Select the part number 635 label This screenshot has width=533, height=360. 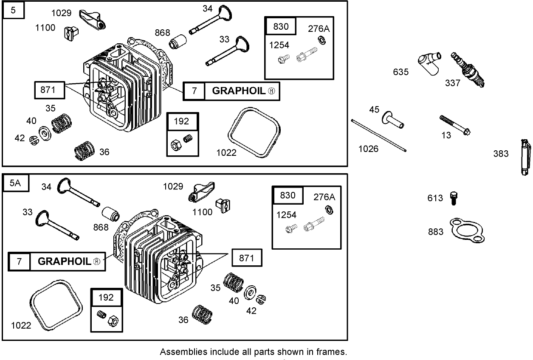400,72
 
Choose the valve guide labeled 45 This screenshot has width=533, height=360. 393,120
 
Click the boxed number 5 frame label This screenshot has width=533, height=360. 14,10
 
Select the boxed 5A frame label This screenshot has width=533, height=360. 15,183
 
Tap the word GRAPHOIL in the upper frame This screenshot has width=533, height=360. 238,91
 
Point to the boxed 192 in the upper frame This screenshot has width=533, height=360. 181,122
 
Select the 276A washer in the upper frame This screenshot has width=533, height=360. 322,41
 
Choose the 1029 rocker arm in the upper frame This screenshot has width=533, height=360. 92,19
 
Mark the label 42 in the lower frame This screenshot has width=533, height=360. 251,311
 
